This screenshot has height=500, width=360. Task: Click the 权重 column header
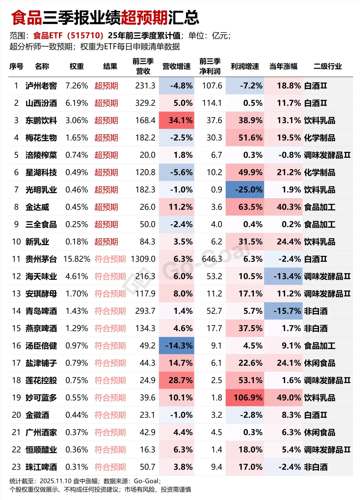(77, 66)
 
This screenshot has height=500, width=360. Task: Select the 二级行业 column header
(327, 66)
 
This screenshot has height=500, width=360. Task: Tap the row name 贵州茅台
(41, 259)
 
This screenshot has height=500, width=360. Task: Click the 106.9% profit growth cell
(245, 398)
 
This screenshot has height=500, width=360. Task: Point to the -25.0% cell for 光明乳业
(245, 190)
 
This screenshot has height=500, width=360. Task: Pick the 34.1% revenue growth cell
(177, 120)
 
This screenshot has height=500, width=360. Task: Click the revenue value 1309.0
(143, 259)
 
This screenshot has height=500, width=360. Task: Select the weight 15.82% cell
(77, 259)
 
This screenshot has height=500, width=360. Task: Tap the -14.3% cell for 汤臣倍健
(177, 346)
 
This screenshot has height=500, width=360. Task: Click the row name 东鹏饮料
(41, 120)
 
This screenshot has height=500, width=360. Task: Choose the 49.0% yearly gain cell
(283, 398)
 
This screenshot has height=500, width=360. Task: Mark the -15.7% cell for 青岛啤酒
(283, 311)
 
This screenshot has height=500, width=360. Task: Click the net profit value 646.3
(212, 259)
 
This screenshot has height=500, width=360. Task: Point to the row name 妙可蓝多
(41, 398)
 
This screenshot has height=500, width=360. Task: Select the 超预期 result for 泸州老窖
(106, 86)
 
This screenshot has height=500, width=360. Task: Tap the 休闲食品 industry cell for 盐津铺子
(319, 363)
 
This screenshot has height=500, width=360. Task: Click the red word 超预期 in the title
(144, 17)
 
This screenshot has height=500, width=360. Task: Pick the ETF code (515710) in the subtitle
(85, 36)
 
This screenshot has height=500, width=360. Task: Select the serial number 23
(16, 467)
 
